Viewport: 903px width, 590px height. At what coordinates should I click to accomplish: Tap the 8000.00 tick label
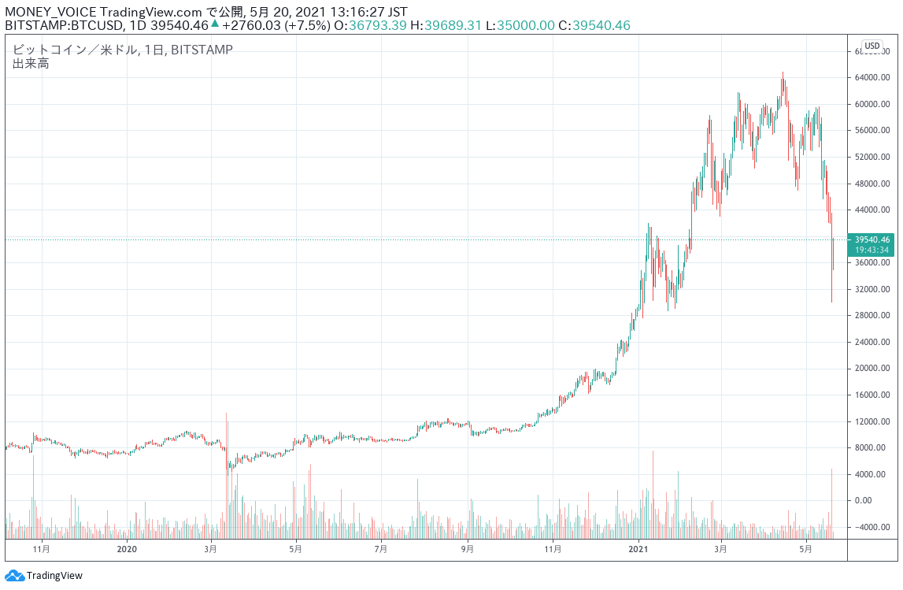[x=873, y=447]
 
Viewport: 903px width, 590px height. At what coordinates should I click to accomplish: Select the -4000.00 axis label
[x=873, y=527]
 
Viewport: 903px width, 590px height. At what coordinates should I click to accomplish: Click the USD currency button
[x=872, y=46]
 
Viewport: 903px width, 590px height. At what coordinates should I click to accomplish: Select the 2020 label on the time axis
[x=127, y=548]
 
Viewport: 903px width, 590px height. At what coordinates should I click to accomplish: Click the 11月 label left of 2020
[x=42, y=548]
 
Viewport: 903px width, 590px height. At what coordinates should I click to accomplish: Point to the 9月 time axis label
[x=467, y=548]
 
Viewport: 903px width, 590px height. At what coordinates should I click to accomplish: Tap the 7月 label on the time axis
[x=381, y=548]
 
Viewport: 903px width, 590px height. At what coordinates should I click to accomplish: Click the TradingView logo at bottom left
[x=44, y=576]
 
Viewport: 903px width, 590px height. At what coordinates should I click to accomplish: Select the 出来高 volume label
[x=31, y=64]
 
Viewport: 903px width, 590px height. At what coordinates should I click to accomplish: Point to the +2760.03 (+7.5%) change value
[x=276, y=25]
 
